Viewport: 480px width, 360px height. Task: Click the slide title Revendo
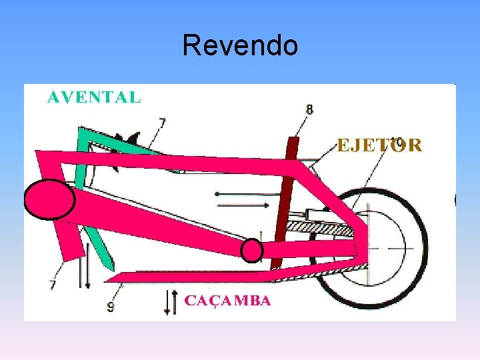(239, 45)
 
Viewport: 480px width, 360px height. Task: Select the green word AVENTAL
(94, 97)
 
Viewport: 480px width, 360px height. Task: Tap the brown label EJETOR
(379, 145)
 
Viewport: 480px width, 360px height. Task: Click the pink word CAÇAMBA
(227, 301)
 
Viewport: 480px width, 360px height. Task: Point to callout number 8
(309, 109)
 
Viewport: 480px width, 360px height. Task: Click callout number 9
(111, 307)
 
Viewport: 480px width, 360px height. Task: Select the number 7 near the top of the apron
(162, 123)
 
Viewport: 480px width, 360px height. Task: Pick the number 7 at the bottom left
(53, 285)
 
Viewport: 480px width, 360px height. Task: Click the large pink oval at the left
(49, 199)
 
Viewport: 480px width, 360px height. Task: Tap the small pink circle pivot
(251, 250)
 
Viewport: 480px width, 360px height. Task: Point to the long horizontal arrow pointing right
(242, 194)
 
